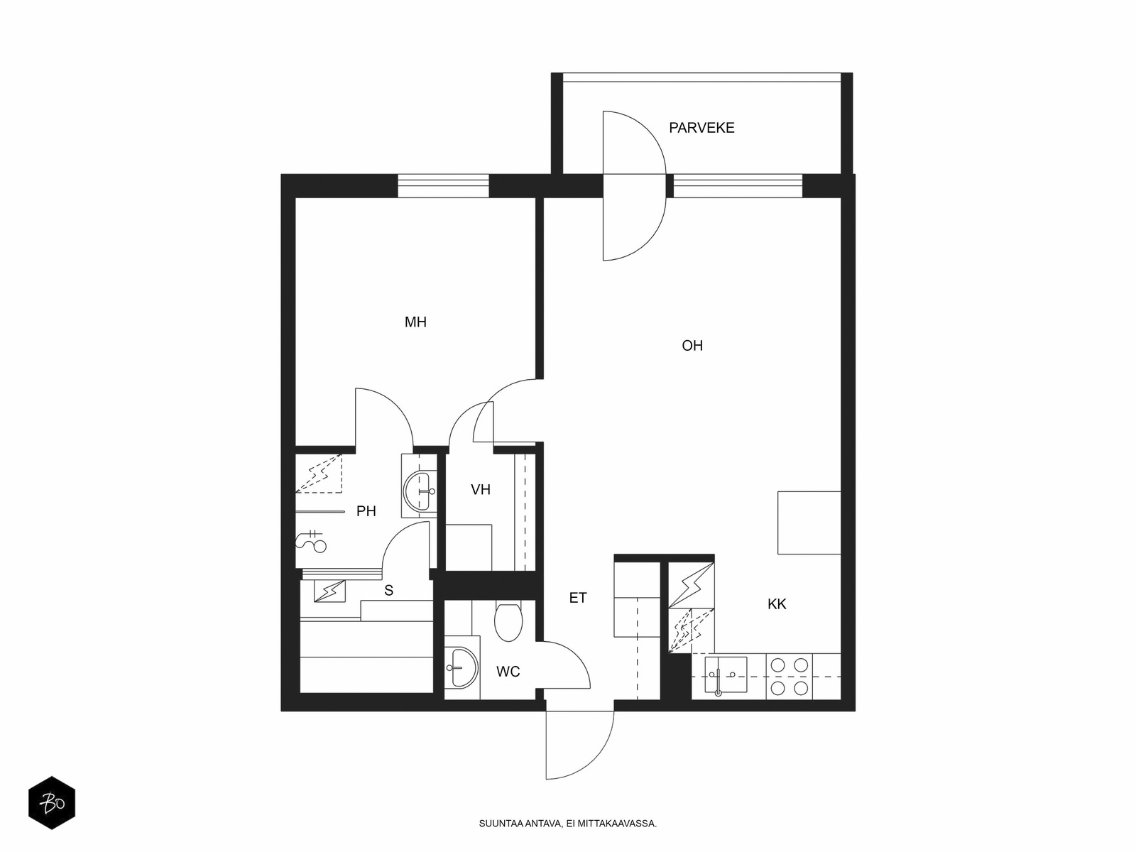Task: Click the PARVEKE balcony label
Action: pos(701,128)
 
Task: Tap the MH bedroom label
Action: pos(415,322)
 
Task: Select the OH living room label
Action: pos(692,346)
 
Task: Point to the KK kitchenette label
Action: pos(777,603)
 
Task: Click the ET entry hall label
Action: pos(578,598)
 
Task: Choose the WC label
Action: pos(508,672)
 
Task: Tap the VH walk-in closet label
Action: pos(480,489)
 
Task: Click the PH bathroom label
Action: pos(366,511)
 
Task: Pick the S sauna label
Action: pos(388,590)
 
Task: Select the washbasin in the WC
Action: pos(461,668)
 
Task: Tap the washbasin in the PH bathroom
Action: pos(420,491)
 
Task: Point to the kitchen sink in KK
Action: pos(726,675)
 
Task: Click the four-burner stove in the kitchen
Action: pos(790,677)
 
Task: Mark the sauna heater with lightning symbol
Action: pos(329,591)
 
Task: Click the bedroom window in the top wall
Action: pos(443,186)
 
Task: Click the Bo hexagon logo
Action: pos(52,803)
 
